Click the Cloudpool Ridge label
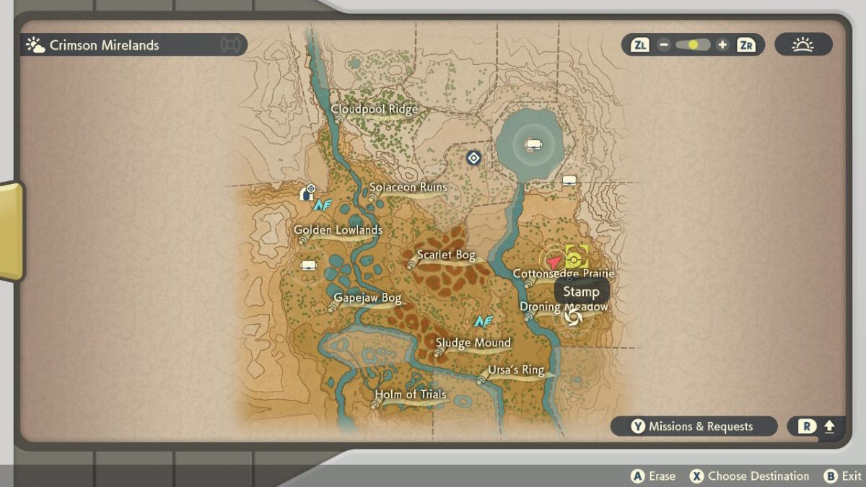point(374,110)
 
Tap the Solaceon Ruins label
point(408,188)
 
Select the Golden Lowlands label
point(338,231)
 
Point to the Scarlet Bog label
point(446,255)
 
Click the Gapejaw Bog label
point(367,298)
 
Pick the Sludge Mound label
point(473,343)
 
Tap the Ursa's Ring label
point(515,371)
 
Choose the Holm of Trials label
point(410,395)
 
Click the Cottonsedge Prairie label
point(563,274)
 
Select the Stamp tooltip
point(581,292)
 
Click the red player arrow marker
point(554,260)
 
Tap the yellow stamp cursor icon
point(576,257)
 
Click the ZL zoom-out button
point(640,45)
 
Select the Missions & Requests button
point(694,426)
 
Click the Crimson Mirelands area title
point(104,45)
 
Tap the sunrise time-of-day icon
point(802,45)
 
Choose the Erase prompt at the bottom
point(654,476)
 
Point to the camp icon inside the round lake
point(533,145)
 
